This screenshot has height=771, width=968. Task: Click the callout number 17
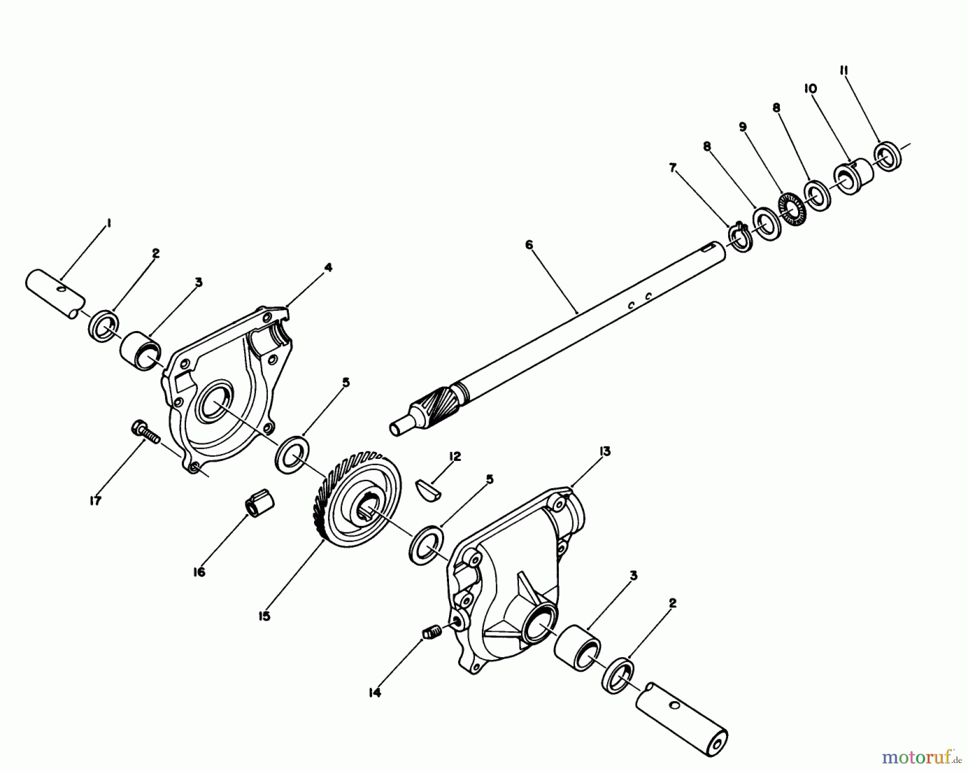(x=95, y=501)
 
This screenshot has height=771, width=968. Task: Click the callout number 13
(x=604, y=451)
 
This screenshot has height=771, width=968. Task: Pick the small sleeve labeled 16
(x=260, y=505)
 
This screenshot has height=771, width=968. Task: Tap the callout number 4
(x=328, y=267)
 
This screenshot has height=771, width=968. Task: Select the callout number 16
(x=199, y=572)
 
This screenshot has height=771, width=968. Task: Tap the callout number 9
(x=743, y=127)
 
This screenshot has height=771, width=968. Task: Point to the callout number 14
(x=375, y=693)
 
